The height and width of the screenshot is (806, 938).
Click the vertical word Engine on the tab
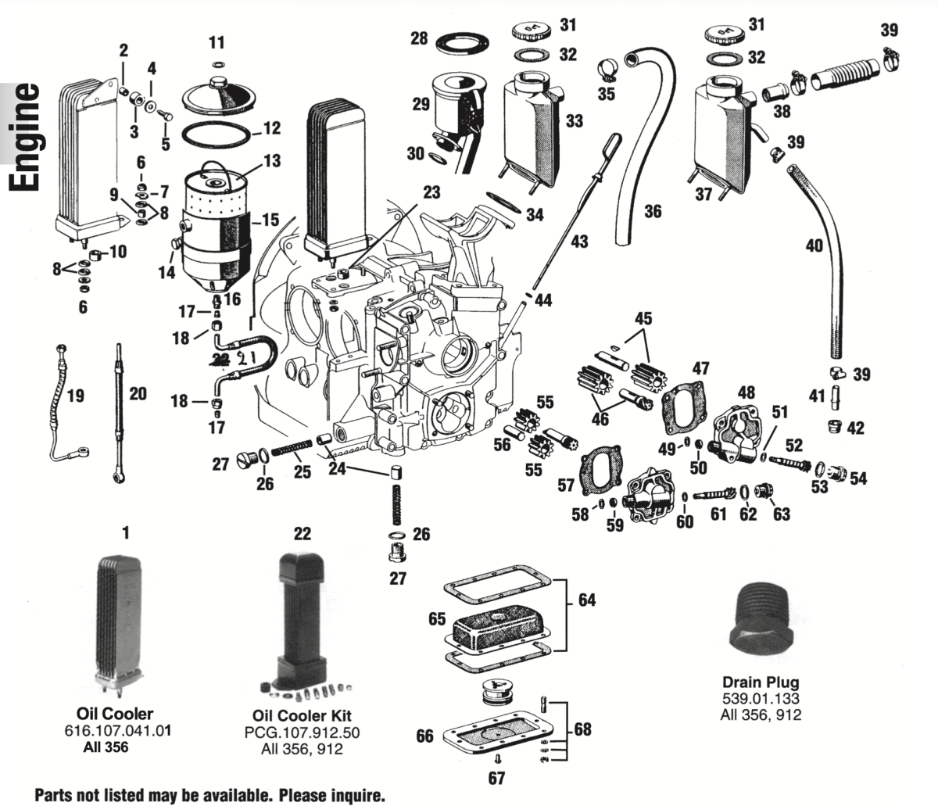click(x=26, y=136)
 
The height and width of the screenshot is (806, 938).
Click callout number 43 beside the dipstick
click(x=578, y=242)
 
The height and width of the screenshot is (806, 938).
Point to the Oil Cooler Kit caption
click(x=302, y=716)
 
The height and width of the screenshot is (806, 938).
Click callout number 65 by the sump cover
click(x=437, y=619)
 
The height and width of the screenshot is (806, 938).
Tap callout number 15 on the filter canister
click(x=270, y=220)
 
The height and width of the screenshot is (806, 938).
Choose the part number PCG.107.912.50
click(x=302, y=733)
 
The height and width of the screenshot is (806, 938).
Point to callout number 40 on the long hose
click(x=814, y=245)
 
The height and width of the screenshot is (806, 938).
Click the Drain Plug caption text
click(x=761, y=682)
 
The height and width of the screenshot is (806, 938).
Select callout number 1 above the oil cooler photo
click(x=125, y=533)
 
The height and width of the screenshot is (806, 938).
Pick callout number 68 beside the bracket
click(x=582, y=729)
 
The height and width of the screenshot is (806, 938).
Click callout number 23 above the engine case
click(x=432, y=192)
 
